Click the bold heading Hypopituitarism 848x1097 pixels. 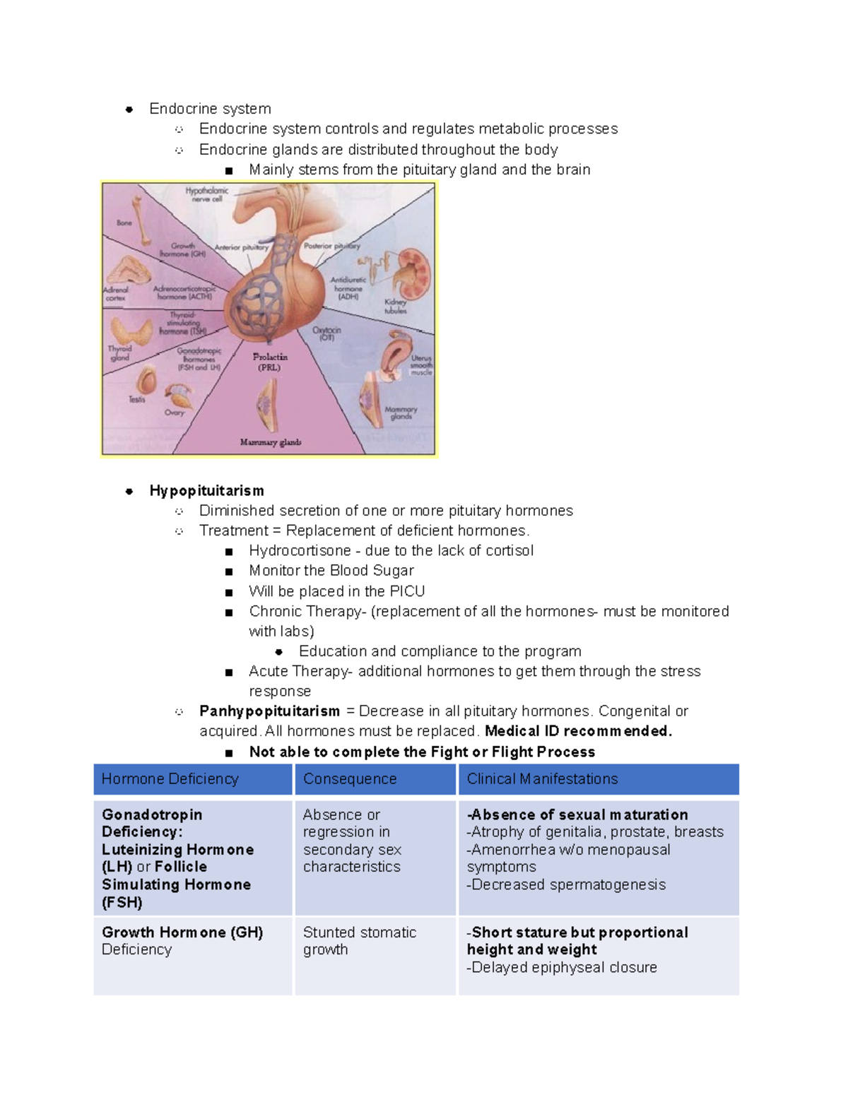206,491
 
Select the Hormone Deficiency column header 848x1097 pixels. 170,779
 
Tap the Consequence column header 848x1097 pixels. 350,779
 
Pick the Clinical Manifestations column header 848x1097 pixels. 542,779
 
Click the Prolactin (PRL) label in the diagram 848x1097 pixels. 270,362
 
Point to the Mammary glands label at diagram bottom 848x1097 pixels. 271,442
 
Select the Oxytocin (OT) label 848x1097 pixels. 326,333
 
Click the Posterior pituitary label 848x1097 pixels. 331,246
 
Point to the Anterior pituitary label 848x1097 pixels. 242,248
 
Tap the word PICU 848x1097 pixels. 407,591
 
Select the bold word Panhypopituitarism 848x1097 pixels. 269,711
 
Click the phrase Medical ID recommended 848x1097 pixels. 578,731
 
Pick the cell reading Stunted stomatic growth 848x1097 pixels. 359,941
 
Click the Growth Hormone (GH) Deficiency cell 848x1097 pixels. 182,941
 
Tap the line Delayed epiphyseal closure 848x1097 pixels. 563,968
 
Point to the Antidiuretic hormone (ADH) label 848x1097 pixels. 348,288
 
